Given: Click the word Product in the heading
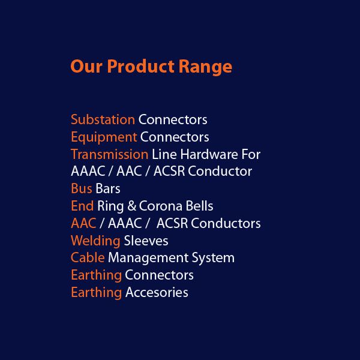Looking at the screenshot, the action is (x=141, y=67).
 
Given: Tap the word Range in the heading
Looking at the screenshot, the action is (x=205, y=67).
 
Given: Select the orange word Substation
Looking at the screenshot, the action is (x=103, y=119).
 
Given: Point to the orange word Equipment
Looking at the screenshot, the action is (x=104, y=137).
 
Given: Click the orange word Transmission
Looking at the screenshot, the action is (x=110, y=154).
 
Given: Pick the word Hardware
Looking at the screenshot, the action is (x=209, y=154).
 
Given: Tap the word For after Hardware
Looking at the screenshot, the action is (x=251, y=155).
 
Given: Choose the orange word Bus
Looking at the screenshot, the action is (x=82, y=188).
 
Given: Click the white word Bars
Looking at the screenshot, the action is (x=107, y=188).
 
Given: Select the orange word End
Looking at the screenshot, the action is (x=82, y=206).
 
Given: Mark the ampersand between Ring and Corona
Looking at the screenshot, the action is (x=132, y=206).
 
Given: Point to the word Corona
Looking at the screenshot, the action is (x=160, y=206).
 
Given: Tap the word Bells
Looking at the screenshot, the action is (x=199, y=206).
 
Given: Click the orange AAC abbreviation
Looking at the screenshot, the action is (x=83, y=223).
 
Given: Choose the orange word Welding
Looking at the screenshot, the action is (x=95, y=241).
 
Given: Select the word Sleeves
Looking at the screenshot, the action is (x=146, y=241).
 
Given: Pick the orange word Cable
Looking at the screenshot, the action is (x=88, y=257).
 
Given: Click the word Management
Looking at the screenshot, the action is (x=148, y=258).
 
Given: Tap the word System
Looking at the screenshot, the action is (x=213, y=258).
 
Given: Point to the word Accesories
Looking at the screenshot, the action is (x=157, y=293).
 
